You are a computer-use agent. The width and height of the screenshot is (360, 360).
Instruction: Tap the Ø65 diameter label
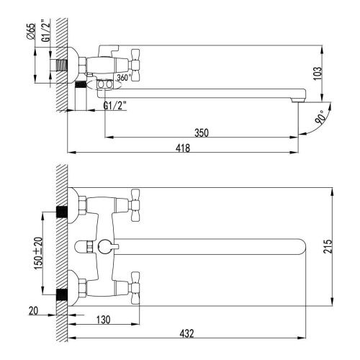click(31, 32)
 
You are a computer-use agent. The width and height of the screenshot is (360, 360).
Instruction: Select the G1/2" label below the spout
click(114, 107)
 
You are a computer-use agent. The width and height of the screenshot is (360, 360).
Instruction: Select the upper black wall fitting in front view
click(63, 211)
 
